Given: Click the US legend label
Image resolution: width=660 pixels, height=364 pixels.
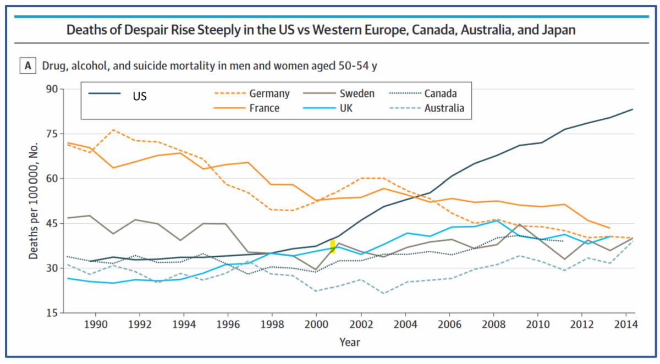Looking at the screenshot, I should click(x=139, y=96).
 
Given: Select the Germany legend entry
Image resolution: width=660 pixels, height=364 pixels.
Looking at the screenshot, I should click(x=269, y=94).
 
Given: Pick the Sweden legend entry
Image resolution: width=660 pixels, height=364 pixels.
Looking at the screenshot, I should click(x=357, y=94).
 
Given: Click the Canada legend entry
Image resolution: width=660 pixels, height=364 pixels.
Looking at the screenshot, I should click(x=441, y=94).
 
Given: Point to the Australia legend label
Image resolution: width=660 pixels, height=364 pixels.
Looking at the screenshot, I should click(x=444, y=108).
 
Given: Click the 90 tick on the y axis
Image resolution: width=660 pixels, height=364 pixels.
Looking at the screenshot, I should click(x=51, y=89).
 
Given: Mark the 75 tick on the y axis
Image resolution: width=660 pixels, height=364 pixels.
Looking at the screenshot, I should click(x=51, y=134).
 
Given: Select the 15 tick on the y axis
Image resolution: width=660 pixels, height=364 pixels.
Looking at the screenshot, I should click(x=51, y=313).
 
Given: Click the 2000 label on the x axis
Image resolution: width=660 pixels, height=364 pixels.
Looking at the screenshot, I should click(x=316, y=324).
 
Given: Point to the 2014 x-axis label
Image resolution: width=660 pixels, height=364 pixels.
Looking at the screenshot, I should click(x=626, y=324).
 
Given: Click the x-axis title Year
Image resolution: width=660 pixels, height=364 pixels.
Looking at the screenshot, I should click(x=350, y=342).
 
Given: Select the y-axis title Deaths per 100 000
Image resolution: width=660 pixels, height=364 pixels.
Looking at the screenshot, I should click(x=34, y=201).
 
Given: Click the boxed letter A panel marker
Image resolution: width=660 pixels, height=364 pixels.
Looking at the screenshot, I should click(x=28, y=67).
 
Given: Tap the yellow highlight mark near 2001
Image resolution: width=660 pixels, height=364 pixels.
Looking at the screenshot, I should click(x=332, y=246).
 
